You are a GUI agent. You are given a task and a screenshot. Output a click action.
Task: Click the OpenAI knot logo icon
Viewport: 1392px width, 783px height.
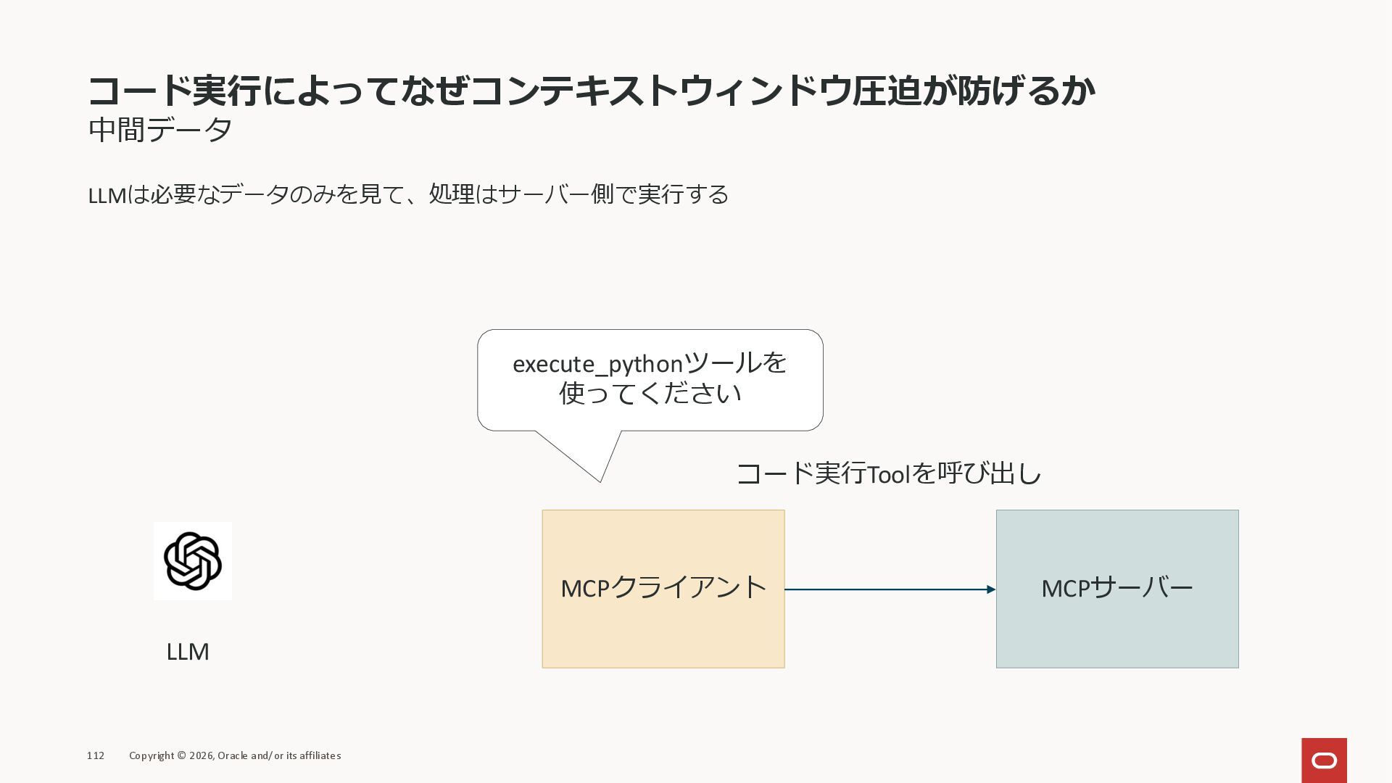[x=193, y=561]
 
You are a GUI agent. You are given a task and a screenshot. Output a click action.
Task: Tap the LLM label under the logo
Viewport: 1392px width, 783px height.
[x=188, y=652]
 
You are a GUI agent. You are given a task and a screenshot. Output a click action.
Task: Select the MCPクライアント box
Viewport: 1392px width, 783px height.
[x=663, y=589]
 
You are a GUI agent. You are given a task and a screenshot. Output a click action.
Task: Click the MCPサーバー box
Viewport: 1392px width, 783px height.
[x=1116, y=589]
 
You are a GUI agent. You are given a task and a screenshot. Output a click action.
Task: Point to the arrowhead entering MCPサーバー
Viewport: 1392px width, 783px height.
[x=990, y=589]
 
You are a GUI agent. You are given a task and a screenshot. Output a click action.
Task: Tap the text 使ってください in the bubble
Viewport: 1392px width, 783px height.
[x=650, y=394]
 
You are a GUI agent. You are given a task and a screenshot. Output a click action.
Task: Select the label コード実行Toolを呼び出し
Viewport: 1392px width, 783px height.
[x=889, y=474]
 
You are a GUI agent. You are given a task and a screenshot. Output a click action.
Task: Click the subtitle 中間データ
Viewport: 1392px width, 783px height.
[x=160, y=130]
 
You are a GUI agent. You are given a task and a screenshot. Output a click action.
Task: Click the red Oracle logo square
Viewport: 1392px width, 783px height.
[x=1324, y=760]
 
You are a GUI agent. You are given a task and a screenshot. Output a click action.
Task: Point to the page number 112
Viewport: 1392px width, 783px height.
[x=96, y=755]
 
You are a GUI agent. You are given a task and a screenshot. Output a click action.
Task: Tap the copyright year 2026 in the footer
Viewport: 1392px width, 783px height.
[x=202, y=755]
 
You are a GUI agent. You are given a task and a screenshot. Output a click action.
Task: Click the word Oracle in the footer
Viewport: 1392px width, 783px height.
[x=232, y=755]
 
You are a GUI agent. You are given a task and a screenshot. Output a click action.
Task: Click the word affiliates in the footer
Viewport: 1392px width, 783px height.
[x=319, y=755]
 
